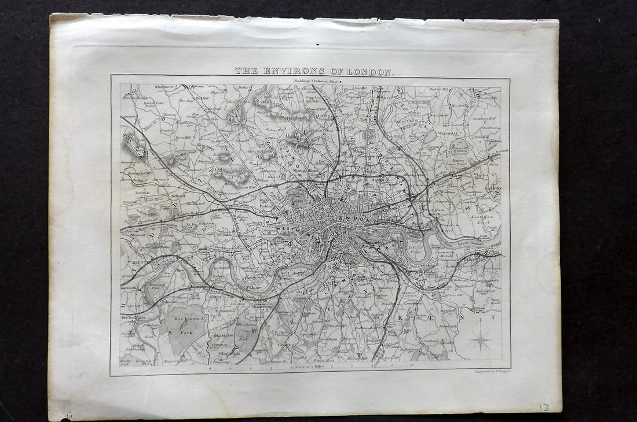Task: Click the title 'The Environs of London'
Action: tap(314, 71)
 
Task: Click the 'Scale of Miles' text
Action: tap(309, 367)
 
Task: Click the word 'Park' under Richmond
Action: tap(183, 332)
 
